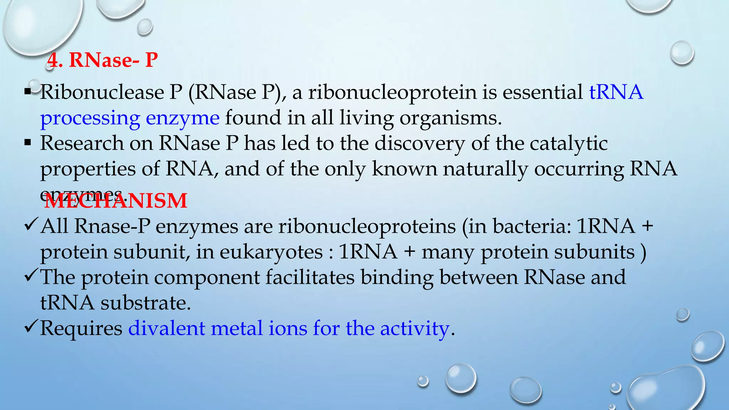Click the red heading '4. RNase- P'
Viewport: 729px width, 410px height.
pos(103,60)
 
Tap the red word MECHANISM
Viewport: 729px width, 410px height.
pos(116,201)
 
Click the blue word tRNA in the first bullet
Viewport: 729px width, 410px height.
pos(616,92)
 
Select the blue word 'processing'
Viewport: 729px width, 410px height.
pos(90,118)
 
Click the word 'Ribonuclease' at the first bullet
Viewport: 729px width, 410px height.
pos(102,92)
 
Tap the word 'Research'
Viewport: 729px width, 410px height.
pos(82,143)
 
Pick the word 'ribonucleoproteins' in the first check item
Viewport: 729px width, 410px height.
pos(367,226)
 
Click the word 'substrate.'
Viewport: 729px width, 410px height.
pos(146,303)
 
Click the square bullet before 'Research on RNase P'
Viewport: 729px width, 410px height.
pos(28,143)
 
